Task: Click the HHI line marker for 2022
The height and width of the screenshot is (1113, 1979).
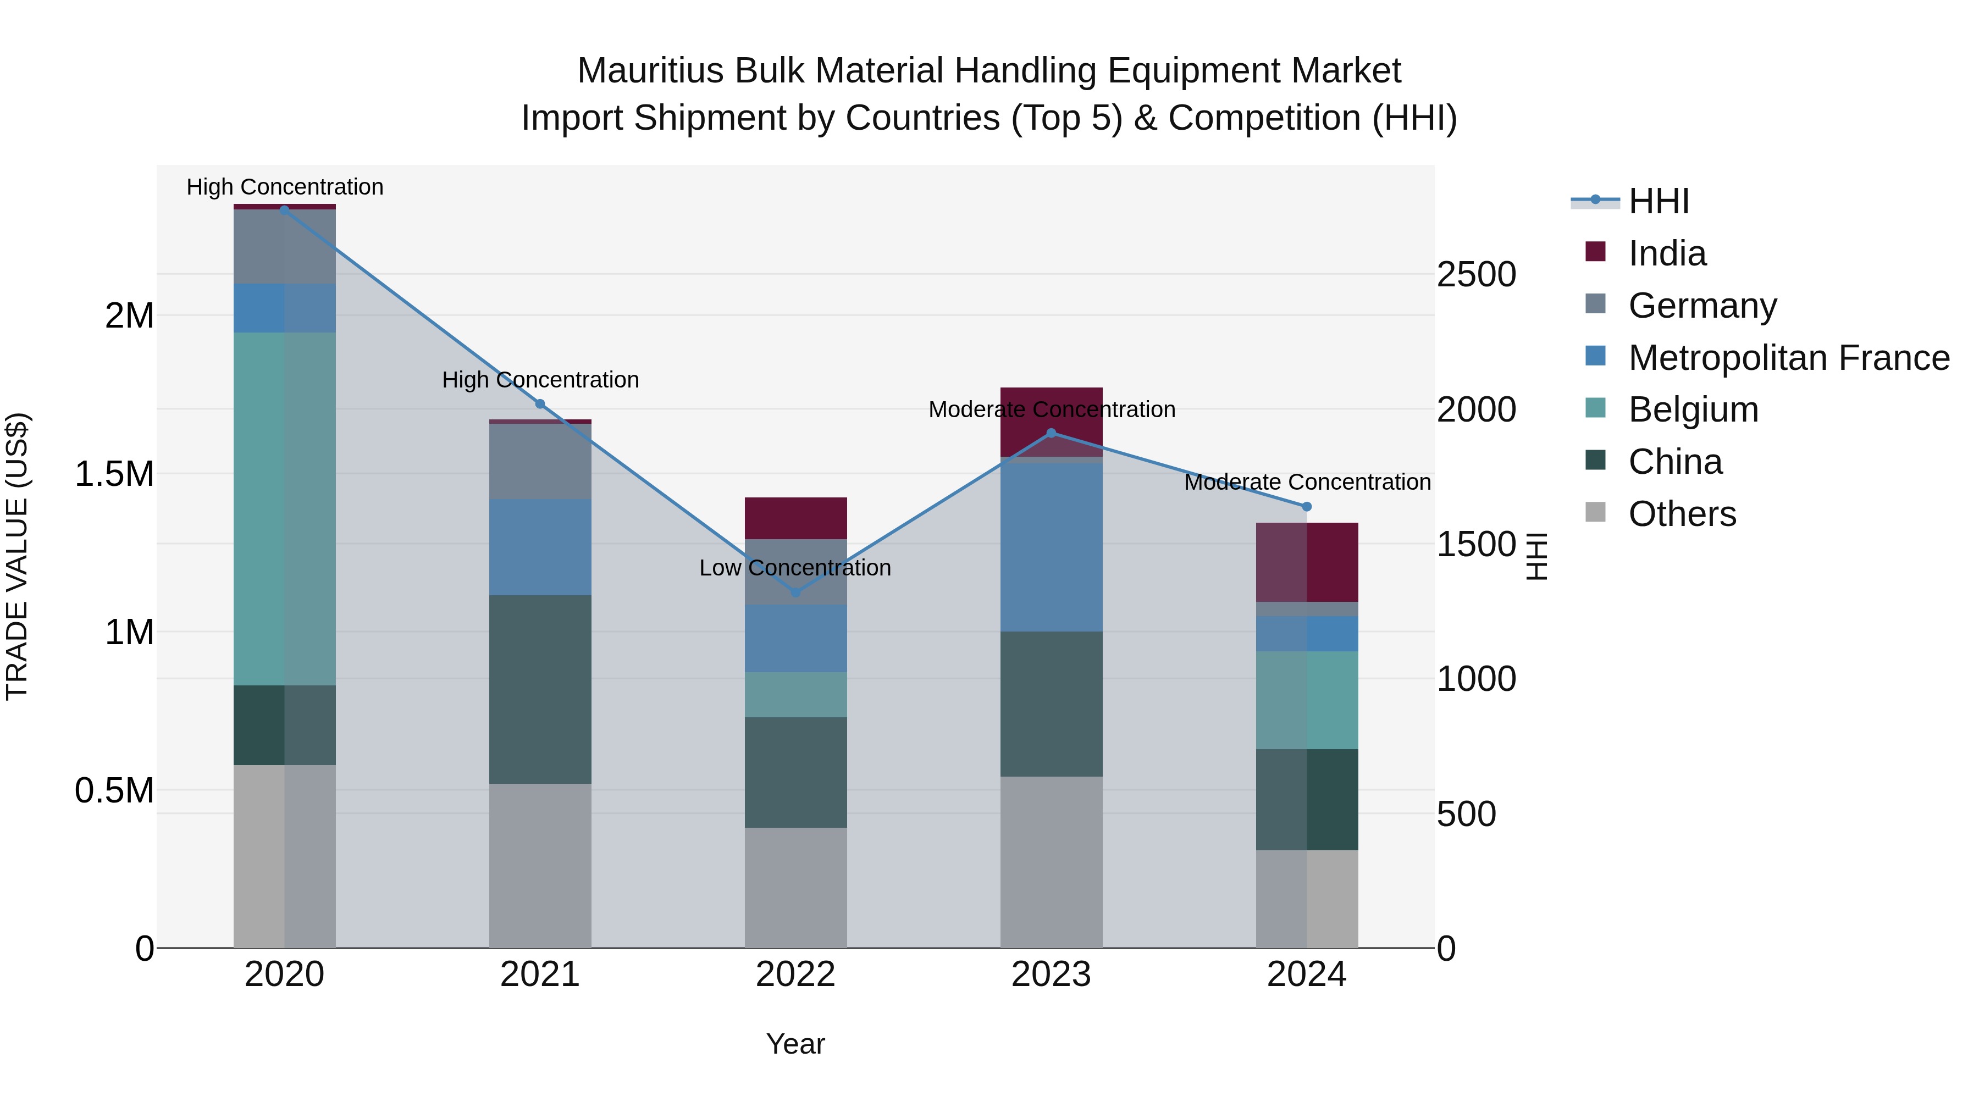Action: [795, 592]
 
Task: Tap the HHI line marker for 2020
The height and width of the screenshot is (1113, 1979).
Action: [284, 211]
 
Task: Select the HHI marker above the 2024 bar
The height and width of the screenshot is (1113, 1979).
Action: [1306, 507]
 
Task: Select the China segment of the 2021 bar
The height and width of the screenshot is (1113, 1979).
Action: [540, 689]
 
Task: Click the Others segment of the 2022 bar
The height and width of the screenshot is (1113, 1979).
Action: [795, 887]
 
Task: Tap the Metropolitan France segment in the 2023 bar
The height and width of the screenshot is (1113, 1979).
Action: [1051, 547]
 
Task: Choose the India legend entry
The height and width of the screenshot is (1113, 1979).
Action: [1667, 253]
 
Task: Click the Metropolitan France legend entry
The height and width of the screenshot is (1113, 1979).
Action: [1788, 358]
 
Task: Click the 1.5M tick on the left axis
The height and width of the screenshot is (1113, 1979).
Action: [114, 474]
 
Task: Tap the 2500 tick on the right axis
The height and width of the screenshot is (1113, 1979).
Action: [1476, 274]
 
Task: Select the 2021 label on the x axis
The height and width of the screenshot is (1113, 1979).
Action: [540, 974]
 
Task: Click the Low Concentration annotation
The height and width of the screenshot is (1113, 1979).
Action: [795, 568]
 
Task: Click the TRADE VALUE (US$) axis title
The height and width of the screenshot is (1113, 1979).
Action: [17, 556]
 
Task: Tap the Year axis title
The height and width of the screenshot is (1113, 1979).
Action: [795, 1044]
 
